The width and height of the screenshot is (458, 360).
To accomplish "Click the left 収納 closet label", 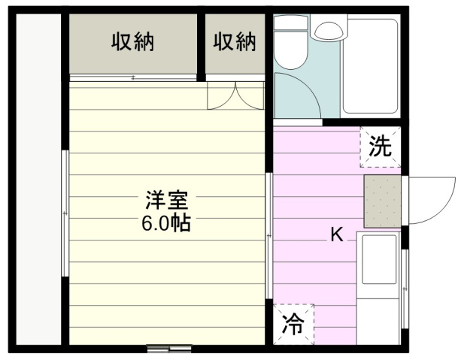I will [x=134, y=42].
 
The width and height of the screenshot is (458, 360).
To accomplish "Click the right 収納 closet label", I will [x=235, y=42].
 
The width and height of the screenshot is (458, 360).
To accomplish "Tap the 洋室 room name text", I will [x=167, y=201].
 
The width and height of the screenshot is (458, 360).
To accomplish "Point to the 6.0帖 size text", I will [x=167, y=222].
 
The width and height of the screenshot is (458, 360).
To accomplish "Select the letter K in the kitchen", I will [x=337, y=235].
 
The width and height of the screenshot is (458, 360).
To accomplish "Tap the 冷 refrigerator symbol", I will [x=293, y=325].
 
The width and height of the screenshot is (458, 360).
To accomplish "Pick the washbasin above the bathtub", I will [x=327, y=30].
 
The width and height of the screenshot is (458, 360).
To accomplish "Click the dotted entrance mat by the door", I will [x=383, y=201].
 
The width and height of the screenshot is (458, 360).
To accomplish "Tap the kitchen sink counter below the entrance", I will [x=378, y=286].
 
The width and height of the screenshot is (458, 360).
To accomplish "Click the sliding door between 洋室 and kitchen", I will [x=268, y=237].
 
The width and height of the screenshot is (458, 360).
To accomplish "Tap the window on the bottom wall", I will [x=168, y=349].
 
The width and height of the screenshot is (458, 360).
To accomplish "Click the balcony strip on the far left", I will [x=38, y=180].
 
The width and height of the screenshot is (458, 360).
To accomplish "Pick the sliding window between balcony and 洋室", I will [x=65, y=213].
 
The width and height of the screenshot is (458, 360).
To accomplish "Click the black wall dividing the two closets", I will [x=202, y=45].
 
